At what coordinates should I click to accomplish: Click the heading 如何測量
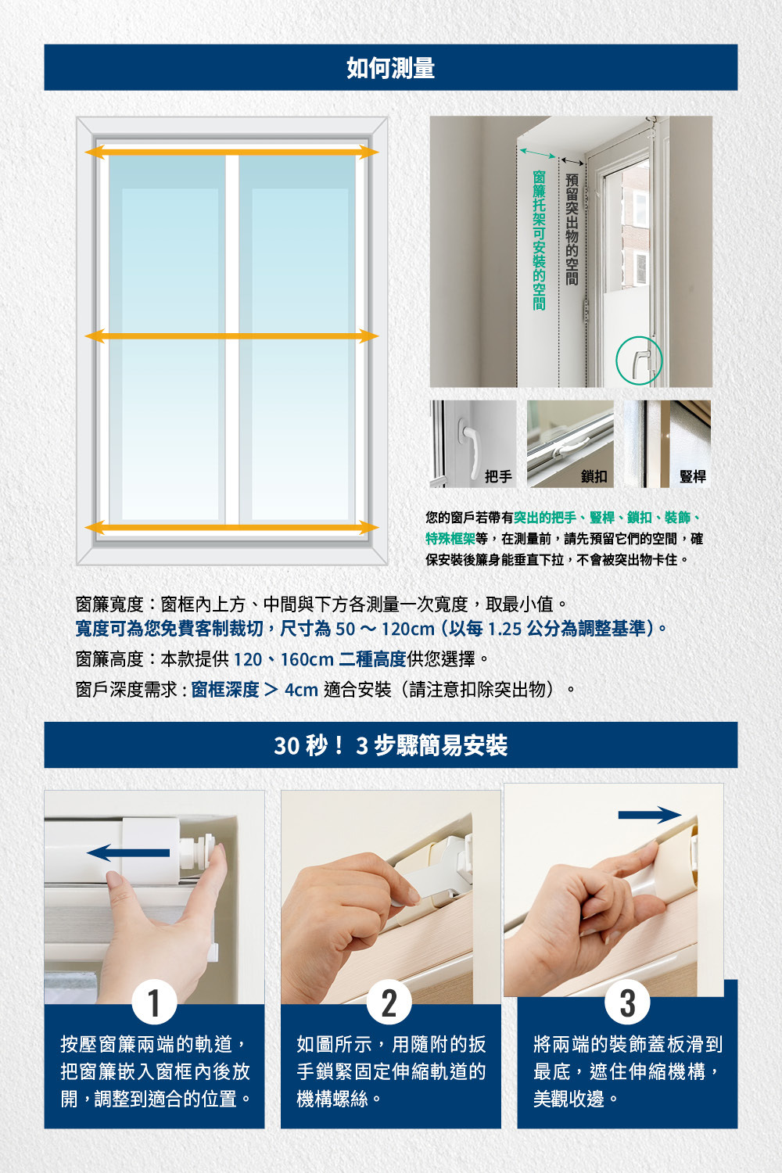[391, 68]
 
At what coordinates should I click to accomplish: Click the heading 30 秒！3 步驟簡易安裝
[391, 745]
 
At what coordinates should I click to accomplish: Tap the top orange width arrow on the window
[231, 152]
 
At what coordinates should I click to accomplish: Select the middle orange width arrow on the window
[231, 336]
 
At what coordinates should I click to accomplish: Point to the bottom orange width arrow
[231, 528]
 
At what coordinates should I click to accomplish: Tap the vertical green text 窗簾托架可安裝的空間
[539, 240]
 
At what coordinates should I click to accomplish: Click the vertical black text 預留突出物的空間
[572, 229]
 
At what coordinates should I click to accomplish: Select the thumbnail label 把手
[498, 476]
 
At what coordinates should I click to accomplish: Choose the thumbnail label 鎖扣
[594, 476]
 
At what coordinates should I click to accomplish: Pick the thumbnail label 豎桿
[692, 476]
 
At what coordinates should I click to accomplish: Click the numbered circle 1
[154, 1003]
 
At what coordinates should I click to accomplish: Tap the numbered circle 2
[389, 1003]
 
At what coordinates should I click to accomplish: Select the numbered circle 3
[627, 1003]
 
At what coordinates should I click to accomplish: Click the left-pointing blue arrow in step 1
[128, 852]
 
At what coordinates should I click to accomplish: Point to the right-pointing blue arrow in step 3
[650, 815]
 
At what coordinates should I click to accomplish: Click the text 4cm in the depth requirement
[301, 690]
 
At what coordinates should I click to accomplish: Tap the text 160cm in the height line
[307, 659]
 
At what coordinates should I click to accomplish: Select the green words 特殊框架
[450, 539]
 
